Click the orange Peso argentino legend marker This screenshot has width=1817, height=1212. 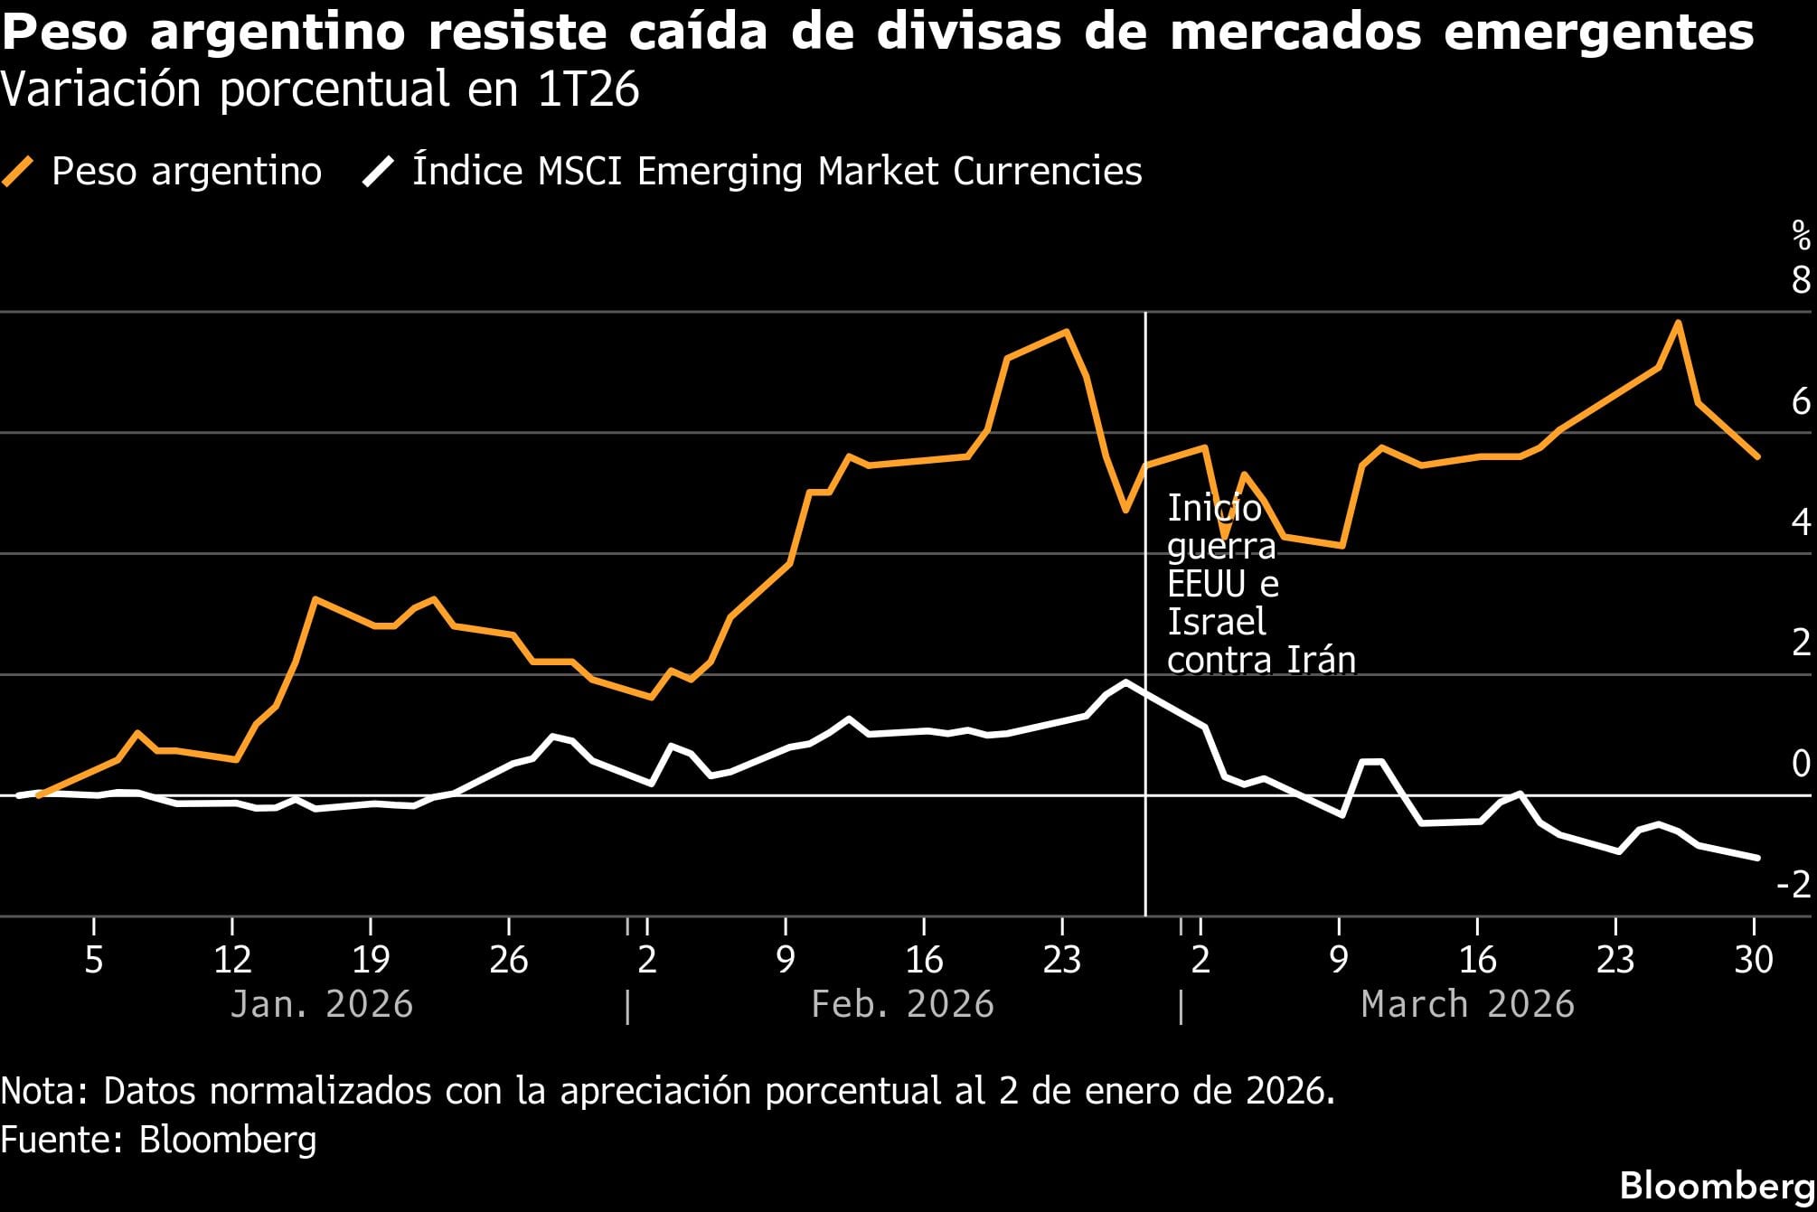tap(18, 171)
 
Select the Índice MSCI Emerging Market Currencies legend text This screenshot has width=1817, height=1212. tap(777, 171)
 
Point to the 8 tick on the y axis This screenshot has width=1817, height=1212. tap(1801, 279)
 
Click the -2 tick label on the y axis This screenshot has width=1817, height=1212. tap(1793, 884)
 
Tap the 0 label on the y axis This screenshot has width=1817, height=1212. tap(1801, 764)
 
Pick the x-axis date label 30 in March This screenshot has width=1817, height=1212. tap(1754, 960)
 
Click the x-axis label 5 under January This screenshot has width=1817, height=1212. tap(94, 960)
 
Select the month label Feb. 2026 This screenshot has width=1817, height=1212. tap(902, 1004)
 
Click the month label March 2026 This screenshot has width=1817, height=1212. tap(1468, 1004)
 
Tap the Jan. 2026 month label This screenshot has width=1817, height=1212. tap(322, 1004)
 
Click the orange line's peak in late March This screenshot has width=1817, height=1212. tap(1678, 323)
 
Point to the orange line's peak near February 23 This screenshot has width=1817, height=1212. tap(1067, 332)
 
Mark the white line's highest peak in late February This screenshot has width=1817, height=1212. tap(1125, 682)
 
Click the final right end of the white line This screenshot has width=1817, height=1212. tap(1757, 857)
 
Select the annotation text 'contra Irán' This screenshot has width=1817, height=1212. tap(1261, 661)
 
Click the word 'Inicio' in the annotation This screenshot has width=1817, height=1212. tap(1214, 508)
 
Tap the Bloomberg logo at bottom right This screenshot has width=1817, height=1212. tap(1717, 1185)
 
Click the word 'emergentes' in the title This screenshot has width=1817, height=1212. tap(1598, 33)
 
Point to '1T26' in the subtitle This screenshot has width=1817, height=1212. tap(588, 90)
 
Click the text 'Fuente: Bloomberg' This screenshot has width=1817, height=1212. tap(159, 1140)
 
